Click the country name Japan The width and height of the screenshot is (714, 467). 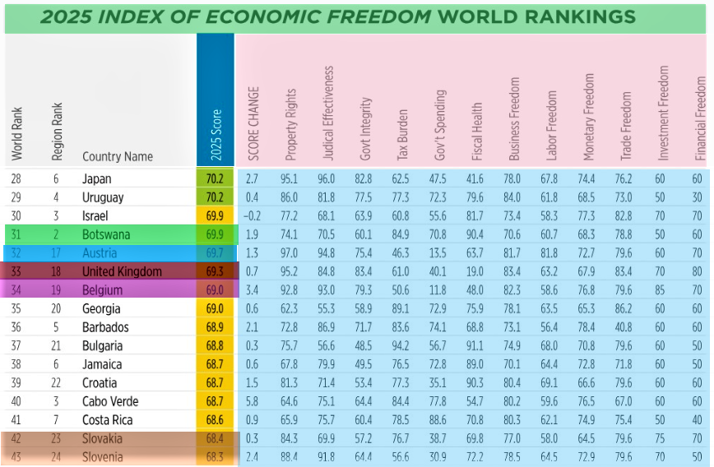tap(96, 178)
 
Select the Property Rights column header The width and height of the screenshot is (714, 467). tap(290, 123)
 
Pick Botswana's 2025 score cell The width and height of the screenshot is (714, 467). tap(216, 234)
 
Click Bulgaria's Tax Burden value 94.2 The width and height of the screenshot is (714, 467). tap(401, 346)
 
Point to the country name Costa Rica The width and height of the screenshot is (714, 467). tap(109, 420)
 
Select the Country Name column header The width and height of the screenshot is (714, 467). tap(117, 156)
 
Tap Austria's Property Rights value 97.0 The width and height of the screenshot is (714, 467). tap(289, 253)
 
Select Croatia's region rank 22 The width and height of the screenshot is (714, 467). tap(57, 383)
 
